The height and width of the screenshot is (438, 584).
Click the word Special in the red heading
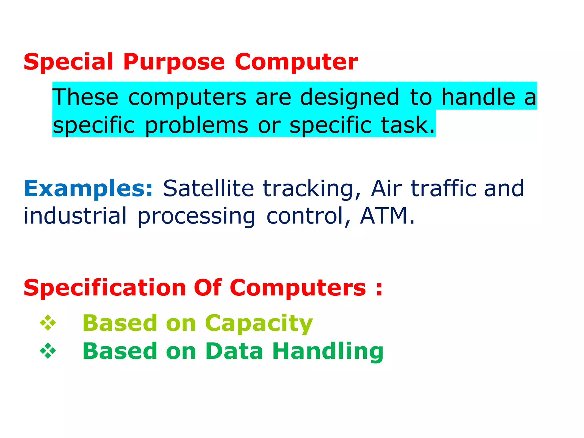click(x=68, y=62)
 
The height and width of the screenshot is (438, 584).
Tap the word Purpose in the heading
click(x=174, y=62)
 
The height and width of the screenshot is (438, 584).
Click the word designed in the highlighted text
click(x=349, y=97)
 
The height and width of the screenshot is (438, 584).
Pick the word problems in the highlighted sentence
click(x=196, y=125)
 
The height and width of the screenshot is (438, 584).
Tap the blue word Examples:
click(x=88, y=189)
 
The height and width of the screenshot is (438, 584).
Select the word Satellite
click(x=208, y=189)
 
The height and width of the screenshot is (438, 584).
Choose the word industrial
click(x=75, y=216)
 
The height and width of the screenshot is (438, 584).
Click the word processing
click(x=196, y=216)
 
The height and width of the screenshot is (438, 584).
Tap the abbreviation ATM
click(x=384, y=216)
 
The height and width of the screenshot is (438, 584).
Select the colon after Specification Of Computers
click(x=379, y=289)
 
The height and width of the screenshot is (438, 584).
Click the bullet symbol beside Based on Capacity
click(x=48, y=323)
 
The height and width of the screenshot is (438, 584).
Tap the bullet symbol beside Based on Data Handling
click(x=48, y=351)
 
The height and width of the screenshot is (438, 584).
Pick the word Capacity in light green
click(x=259, y=323)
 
